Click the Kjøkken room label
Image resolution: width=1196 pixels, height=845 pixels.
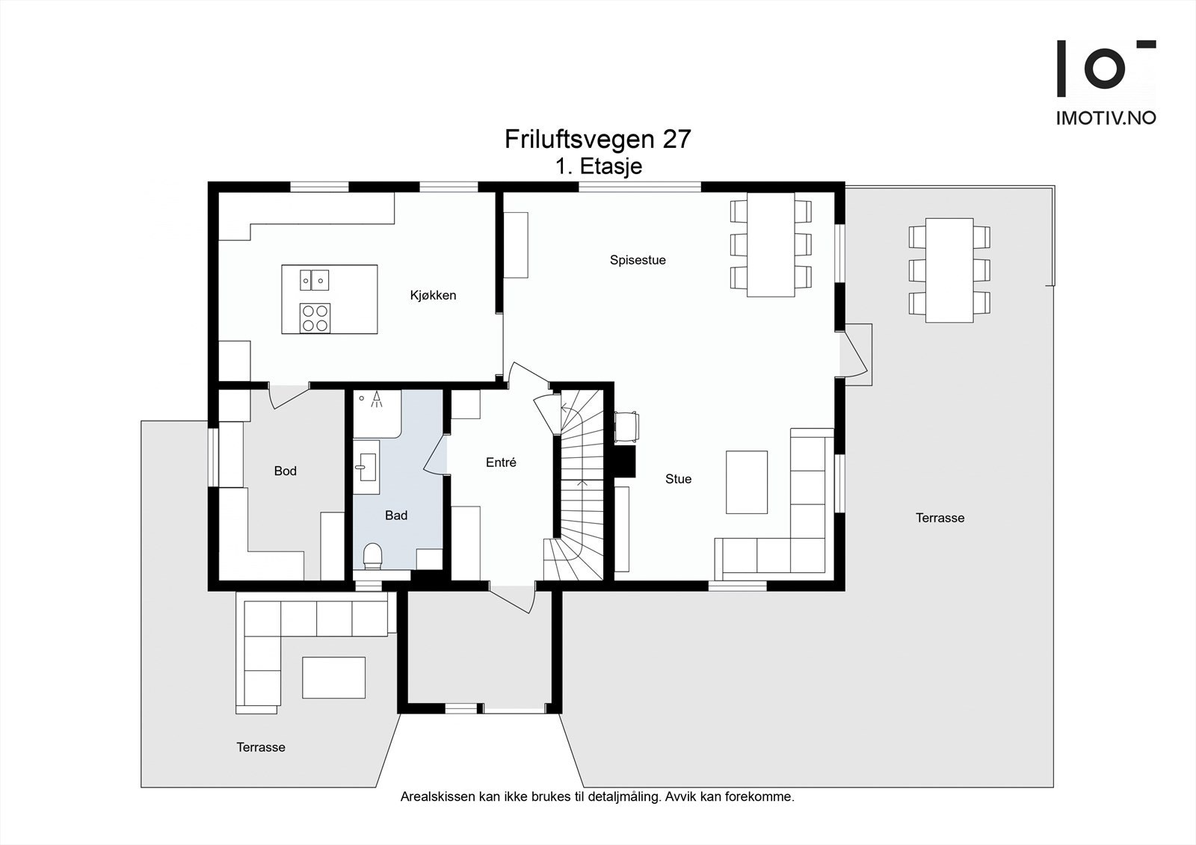[x=433, y=295]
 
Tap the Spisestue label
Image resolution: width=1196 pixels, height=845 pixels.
[x=638, y=260]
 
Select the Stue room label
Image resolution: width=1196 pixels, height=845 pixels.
[x=678, y=479]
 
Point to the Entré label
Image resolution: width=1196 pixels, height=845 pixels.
[x=501, y=462]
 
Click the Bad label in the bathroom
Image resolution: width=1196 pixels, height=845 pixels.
[x=396, y=516]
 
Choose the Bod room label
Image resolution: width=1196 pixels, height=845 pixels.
[x=285, y=471]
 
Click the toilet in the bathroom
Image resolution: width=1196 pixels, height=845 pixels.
[x=372, y=556]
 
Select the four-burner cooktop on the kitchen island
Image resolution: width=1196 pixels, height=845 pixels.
[x=315, y=317]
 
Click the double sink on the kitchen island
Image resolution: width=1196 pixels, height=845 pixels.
[x=315, y=279]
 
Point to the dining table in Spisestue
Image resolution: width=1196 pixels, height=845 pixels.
[x=771, y=244]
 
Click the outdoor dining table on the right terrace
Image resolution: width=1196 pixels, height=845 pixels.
[x=949, y=270]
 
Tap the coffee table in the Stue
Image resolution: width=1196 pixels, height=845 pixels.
[x=747, y=482]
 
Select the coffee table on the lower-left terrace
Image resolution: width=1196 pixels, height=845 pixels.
[x=333, y=677]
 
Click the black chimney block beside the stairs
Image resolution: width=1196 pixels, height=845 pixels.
[x=624, y=461]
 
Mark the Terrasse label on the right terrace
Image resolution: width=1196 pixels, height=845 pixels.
[x=940, y=518]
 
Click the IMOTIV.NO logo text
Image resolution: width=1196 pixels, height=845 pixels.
[x=1106, y=117]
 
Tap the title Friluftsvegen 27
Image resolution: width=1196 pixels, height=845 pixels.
[x=597, y=139]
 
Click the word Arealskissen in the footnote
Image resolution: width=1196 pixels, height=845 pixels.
[x=438, y=796]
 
